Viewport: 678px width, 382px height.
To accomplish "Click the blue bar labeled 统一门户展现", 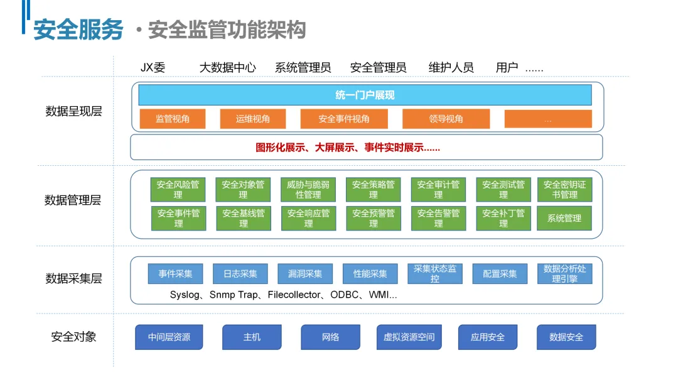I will (x=365, y=95).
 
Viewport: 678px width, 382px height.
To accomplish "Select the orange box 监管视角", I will (x=172, y=119).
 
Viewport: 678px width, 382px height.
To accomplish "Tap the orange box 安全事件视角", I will (x=343, y=119).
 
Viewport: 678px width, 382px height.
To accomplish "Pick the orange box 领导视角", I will (x=446, y=119).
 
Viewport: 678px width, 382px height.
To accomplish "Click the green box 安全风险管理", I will (x=178, y=189).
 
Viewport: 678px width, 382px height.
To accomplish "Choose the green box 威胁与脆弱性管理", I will (x=308, y=189).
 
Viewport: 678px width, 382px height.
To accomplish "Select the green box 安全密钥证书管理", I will (x=564, y=189).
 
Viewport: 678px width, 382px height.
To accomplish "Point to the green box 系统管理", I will (x=564, y=218).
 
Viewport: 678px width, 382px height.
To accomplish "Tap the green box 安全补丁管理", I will (x=503, y=218).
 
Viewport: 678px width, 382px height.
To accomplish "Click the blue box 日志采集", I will (x=240, y=274).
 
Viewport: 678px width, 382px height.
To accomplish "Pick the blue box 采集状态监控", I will (x=434, y=274).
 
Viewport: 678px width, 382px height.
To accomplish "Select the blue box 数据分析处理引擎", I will (x=564, y=274).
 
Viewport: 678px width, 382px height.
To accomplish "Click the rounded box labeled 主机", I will (x=252, y=337).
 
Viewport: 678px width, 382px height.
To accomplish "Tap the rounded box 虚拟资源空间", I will (x=409, y=337).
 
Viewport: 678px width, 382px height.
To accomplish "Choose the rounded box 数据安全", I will (x=566, y=337).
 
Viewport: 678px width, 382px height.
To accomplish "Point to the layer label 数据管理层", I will (x=73, y=200).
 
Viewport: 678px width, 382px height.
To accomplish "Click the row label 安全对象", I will (x=73, y=337).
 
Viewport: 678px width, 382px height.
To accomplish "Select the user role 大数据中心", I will (x=227, y=68).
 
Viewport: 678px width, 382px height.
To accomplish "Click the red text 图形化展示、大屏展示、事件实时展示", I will (x=348, y=148).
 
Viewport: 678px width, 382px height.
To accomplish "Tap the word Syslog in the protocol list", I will (x=185, y=295).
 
